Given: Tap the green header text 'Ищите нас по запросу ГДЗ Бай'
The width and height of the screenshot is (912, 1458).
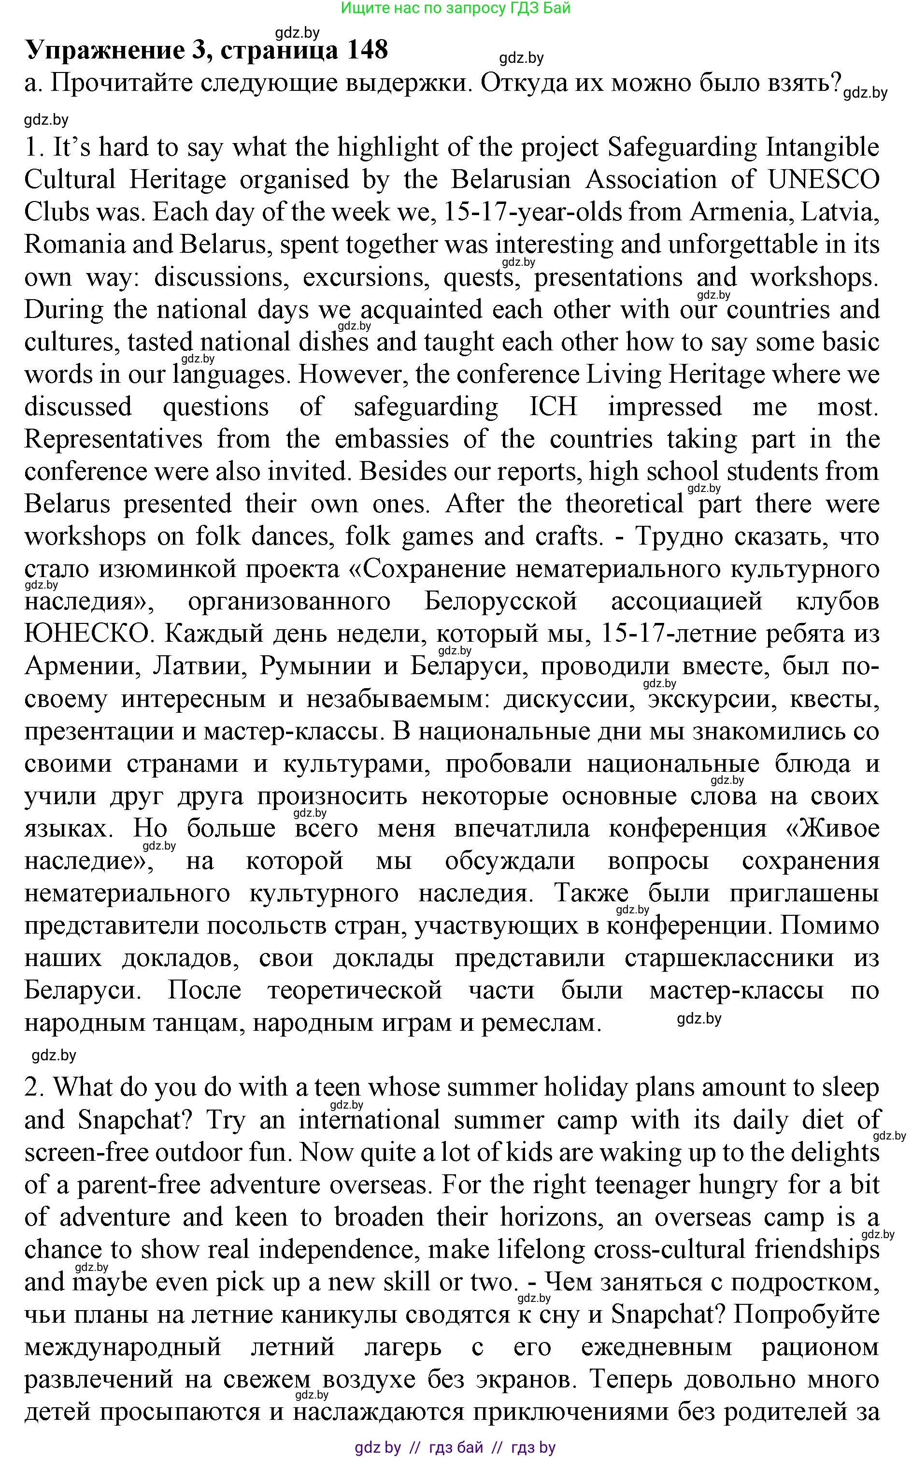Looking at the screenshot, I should click(456, 8).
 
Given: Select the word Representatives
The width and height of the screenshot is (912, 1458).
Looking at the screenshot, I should click(113, 439).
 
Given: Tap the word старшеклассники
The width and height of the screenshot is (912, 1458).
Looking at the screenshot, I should click(728, 958).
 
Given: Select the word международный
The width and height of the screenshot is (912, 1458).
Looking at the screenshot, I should click(122, 1346).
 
